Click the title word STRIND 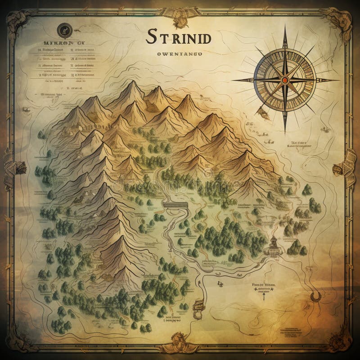click(x=178, y=37)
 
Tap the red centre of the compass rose click(x=284, y=80)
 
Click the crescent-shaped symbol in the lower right click(x=316, y=296)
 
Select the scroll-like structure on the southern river click(x=198, y=306)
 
